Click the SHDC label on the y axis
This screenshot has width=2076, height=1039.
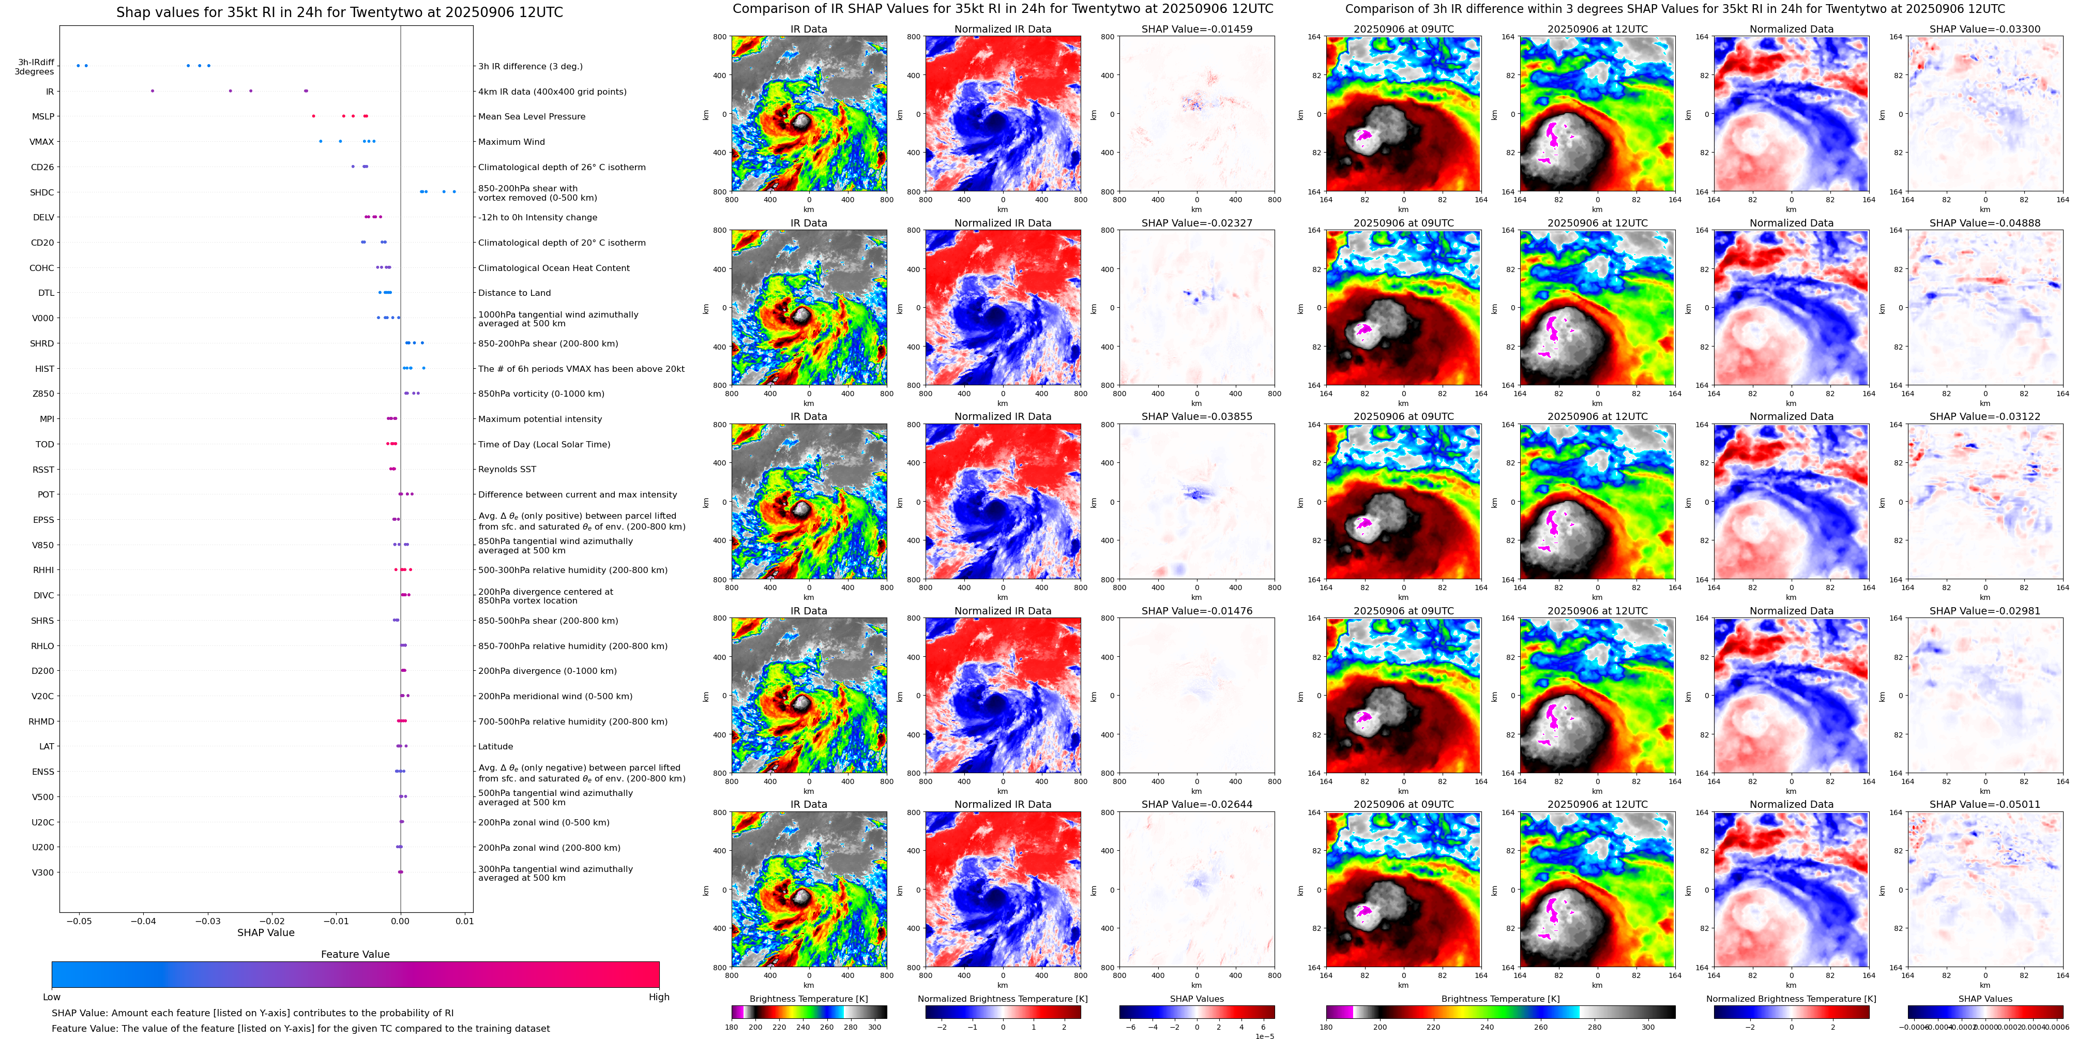point(42,192)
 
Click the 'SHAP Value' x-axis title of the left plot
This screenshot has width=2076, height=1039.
point(266,932)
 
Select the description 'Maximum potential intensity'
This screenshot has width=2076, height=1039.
point(540,419)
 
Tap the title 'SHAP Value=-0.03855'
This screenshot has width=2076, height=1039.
point(1197,417)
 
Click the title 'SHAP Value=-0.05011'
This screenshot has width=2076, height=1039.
point(1985,804)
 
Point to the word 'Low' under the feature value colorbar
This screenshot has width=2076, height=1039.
point(52,997)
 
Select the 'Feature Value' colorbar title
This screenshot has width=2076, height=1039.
point(355,954)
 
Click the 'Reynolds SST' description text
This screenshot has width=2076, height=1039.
point(507,469)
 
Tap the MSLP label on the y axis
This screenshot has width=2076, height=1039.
point(43,117)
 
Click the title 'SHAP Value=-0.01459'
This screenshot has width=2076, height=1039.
point(1197,29)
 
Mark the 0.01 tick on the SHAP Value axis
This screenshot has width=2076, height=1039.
point(464,921)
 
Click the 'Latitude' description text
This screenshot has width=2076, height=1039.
point(496,746)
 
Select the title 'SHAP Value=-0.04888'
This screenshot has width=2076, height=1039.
point(1985,223)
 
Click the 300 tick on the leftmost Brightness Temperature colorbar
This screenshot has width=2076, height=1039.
point(874,1027)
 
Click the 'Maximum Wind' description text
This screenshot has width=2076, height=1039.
point(512,142)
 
